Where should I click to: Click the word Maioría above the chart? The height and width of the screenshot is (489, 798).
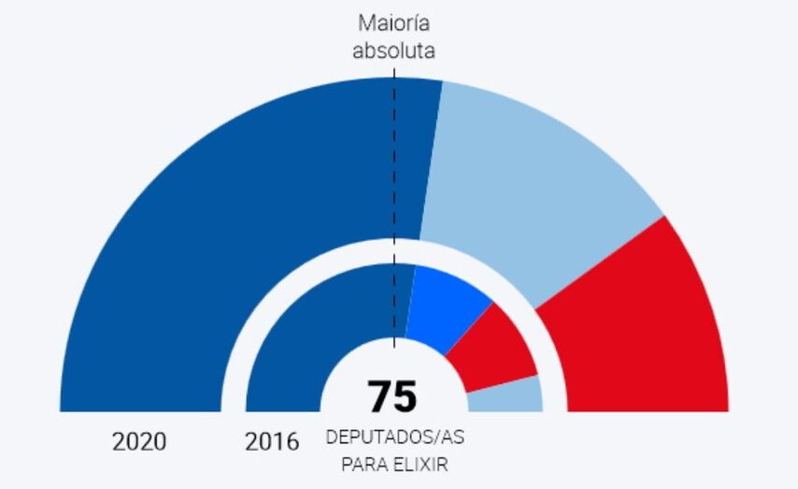pyautogui.click(x=393, y=23)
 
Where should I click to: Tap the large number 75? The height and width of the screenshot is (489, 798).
pyautogui.click(x=392, y=396)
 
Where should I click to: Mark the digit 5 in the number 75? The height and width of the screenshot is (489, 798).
pyautogui.click(x=406, y=396)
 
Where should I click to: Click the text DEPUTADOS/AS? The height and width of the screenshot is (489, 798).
pyautogui.click(x=392, y=438)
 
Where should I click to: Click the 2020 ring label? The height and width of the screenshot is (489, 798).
pyautogui.click(x=139, y=442)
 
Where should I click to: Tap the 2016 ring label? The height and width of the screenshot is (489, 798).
pyautogui.click(x=272, y=442)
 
